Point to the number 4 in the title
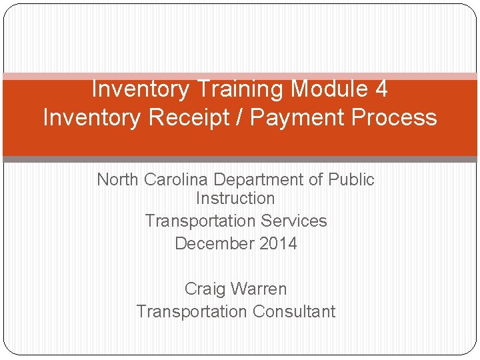381,89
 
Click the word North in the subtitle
119,179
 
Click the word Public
353,179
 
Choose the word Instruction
235,198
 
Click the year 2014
279,243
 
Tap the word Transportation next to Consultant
191,311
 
